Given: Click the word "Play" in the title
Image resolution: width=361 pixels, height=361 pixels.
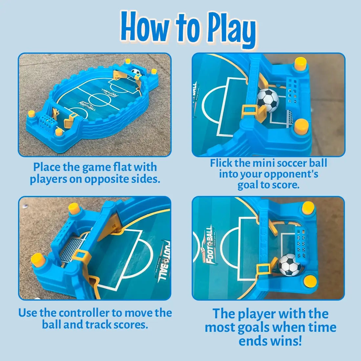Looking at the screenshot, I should click(x=231, y=31).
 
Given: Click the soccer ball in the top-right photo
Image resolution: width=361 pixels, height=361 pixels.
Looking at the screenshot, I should click(x=268, y=100).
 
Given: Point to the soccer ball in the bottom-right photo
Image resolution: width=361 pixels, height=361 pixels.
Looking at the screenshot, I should click(x=290, y=264).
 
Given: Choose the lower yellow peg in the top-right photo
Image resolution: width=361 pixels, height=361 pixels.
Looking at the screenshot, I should click(x=301, y=126).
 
